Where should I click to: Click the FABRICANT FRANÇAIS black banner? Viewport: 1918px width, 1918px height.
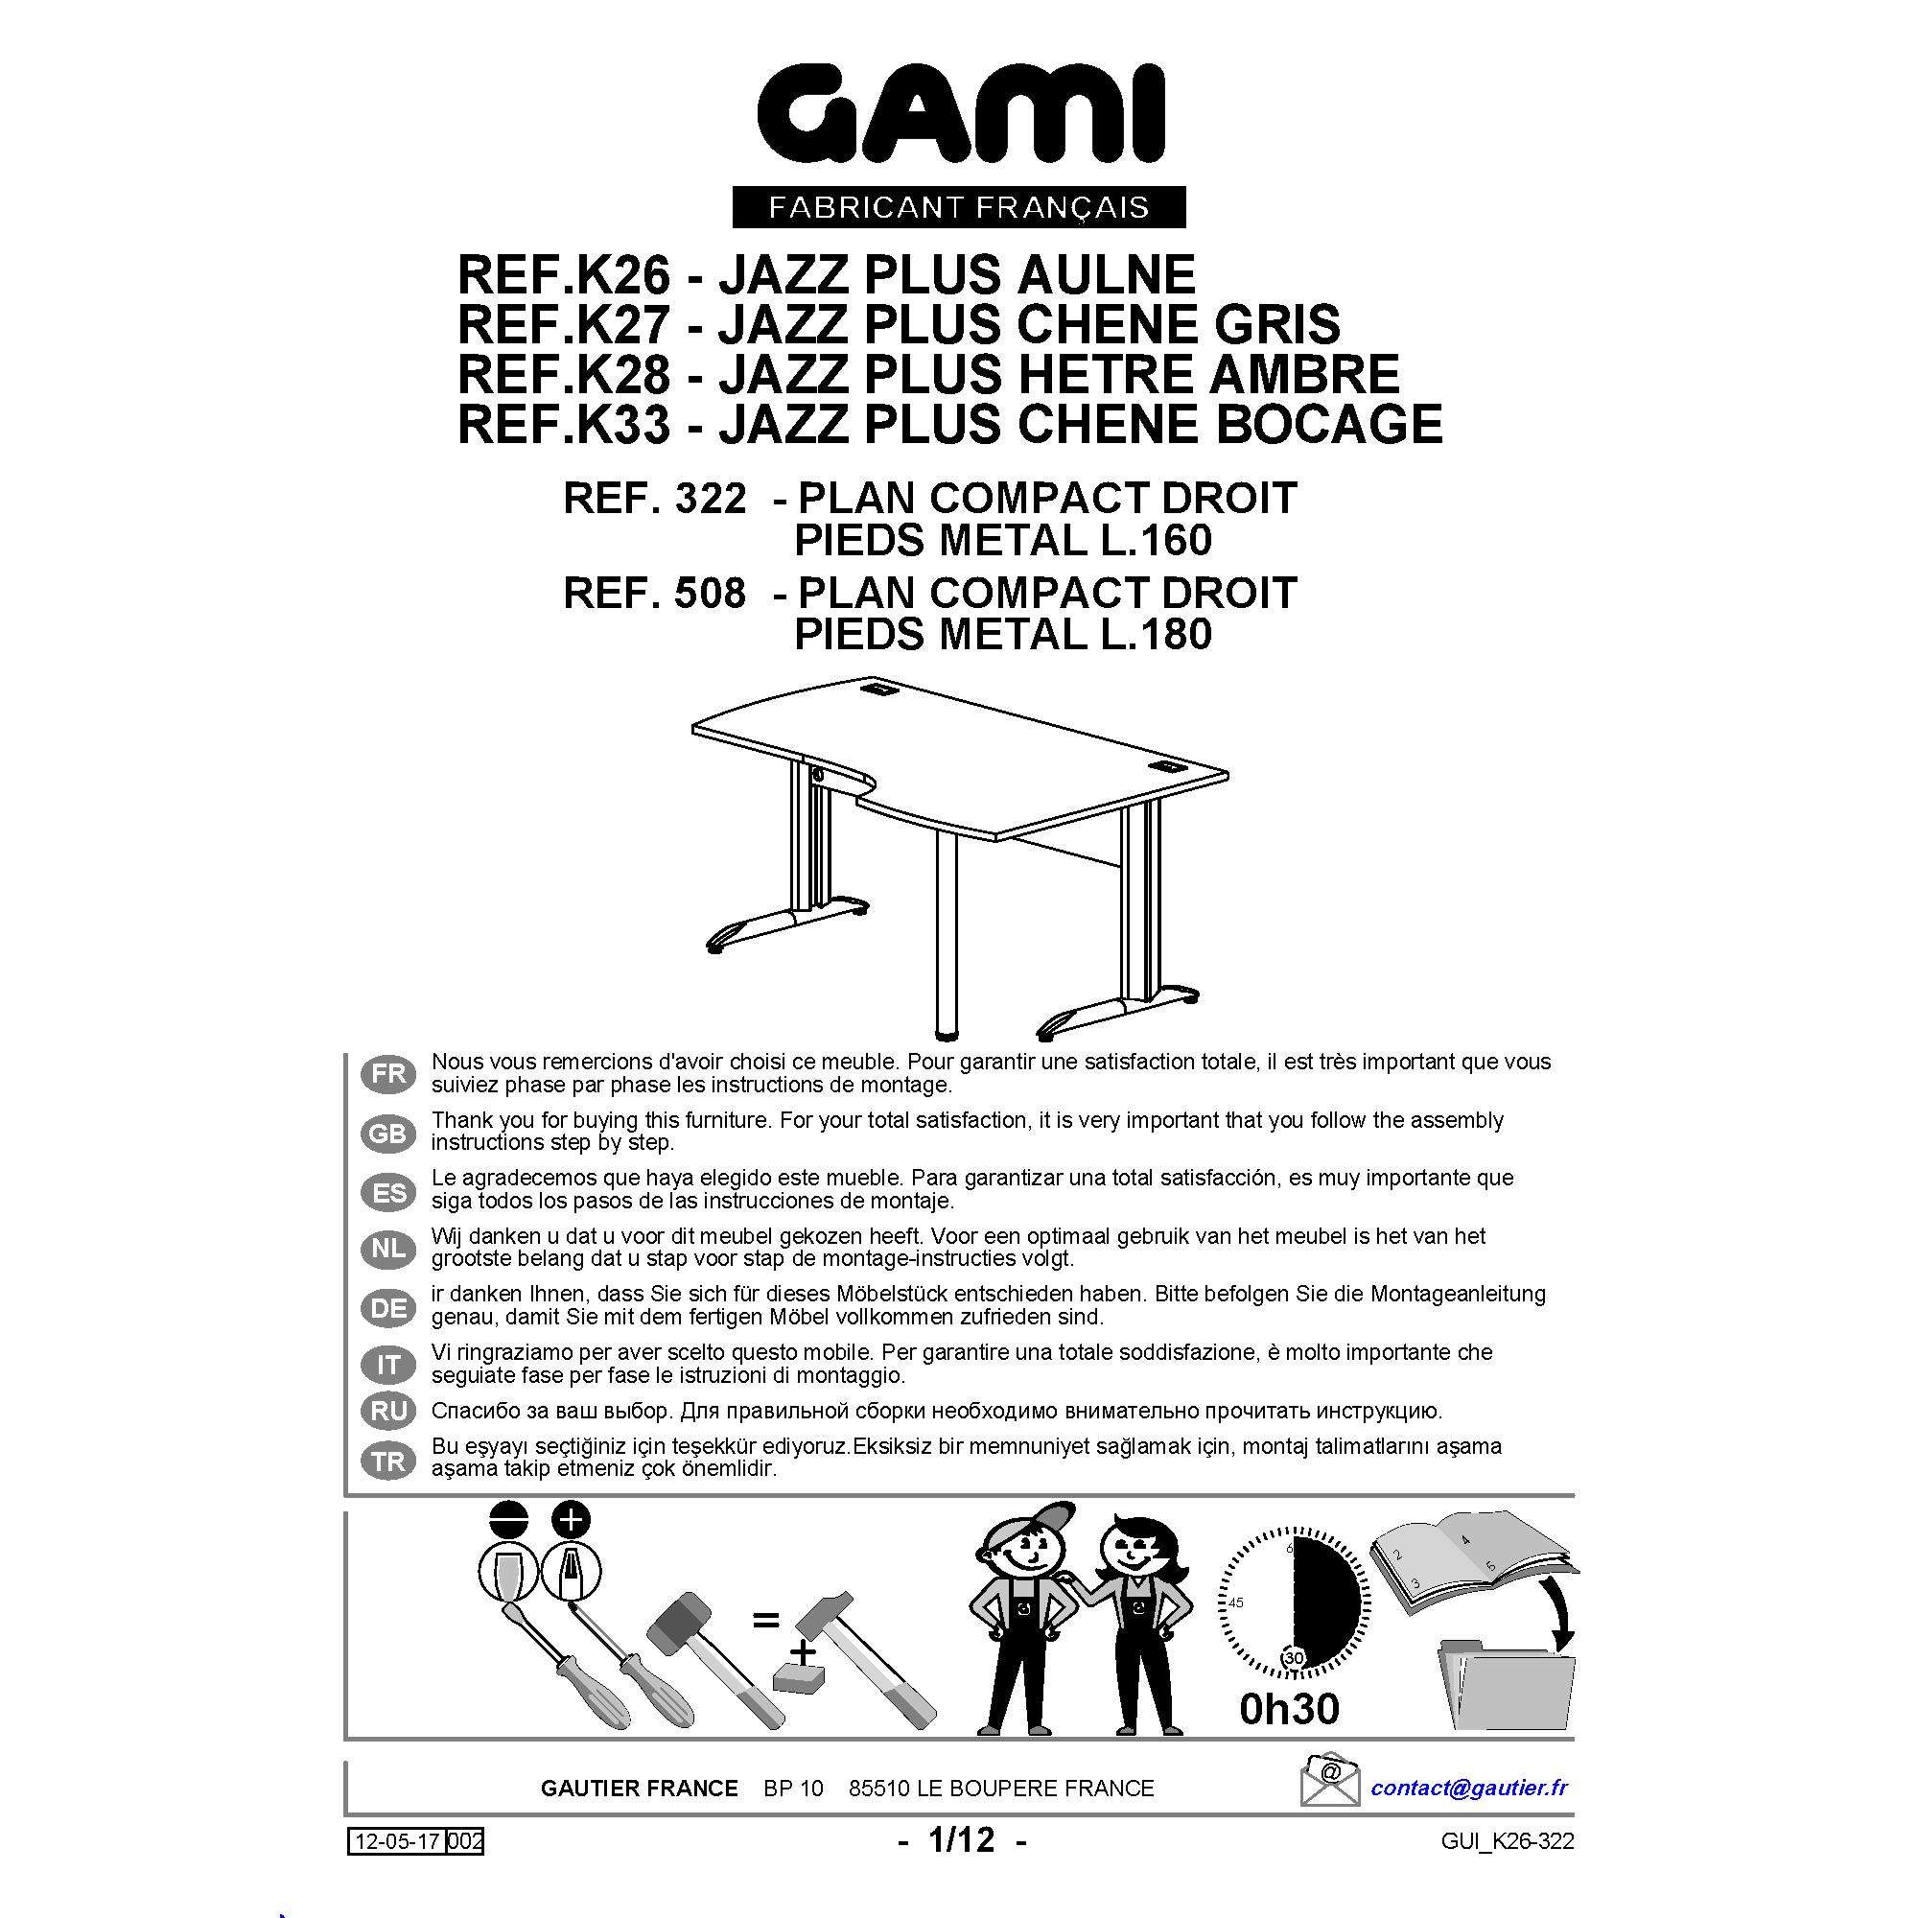click(x=959, y=207)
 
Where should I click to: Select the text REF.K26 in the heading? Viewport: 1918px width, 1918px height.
click(x=564, y=274)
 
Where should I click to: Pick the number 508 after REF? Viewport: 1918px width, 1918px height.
click(x=709, y=594)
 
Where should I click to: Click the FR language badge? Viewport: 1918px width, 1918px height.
click(x=388, y=1074)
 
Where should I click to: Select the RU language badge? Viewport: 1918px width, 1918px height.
click(x=388, y=1411)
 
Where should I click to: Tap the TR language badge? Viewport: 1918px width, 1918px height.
click(x=388, y=1462)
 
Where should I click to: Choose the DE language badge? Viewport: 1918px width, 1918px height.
click(x=388, y=1308)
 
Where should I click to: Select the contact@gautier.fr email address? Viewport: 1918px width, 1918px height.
click(x=1469, y=1788)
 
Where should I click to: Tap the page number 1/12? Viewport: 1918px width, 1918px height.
click(x=961, y=1839)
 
